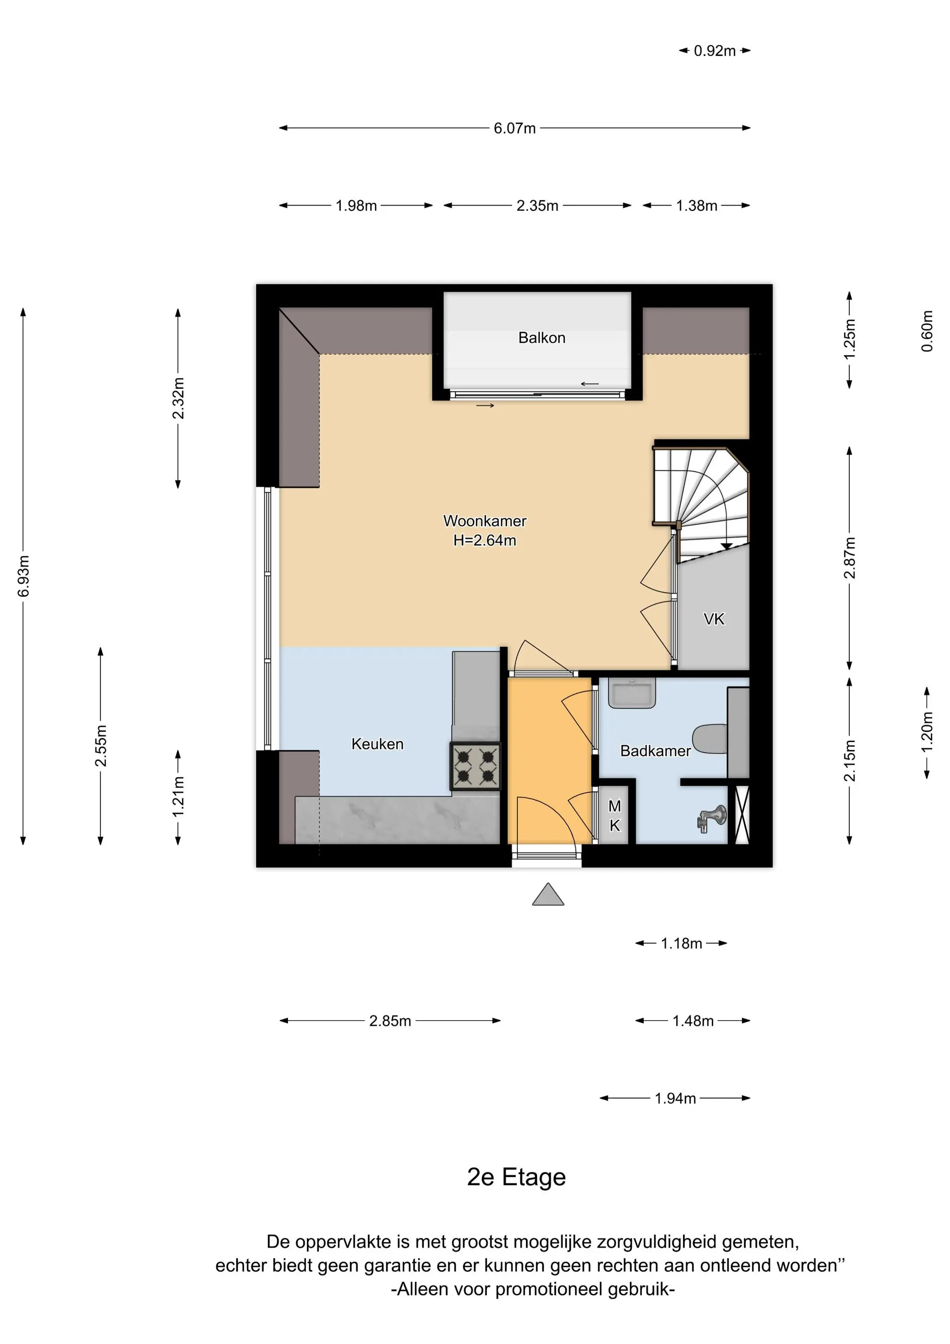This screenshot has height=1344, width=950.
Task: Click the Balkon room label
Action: (x=542, y=338)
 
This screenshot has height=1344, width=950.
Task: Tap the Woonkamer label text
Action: (x=485, y=521)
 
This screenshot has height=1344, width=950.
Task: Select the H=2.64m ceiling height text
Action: (x=485, y=540)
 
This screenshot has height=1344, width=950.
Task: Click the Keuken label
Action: (x=377, y=744)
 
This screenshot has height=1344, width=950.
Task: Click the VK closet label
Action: (x=714, y=619)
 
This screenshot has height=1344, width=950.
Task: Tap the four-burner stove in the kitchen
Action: (x=475, y=766)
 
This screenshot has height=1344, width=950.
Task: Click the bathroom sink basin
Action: (x=632, y=693)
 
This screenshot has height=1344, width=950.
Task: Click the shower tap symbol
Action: (x=712, y=818)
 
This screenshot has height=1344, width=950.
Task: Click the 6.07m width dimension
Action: (x=515, y=128)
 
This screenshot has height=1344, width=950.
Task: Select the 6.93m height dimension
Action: (x=23, y=576)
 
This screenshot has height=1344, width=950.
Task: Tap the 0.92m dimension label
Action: (x=715, y=51)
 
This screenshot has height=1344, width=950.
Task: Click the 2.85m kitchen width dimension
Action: (x=390, y=1021)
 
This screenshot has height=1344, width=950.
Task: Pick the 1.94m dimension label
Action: (x=675, y=1098)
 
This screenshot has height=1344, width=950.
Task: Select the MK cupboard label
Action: (x=614, y=816)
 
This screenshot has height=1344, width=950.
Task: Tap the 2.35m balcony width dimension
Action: (x=537, y=206)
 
